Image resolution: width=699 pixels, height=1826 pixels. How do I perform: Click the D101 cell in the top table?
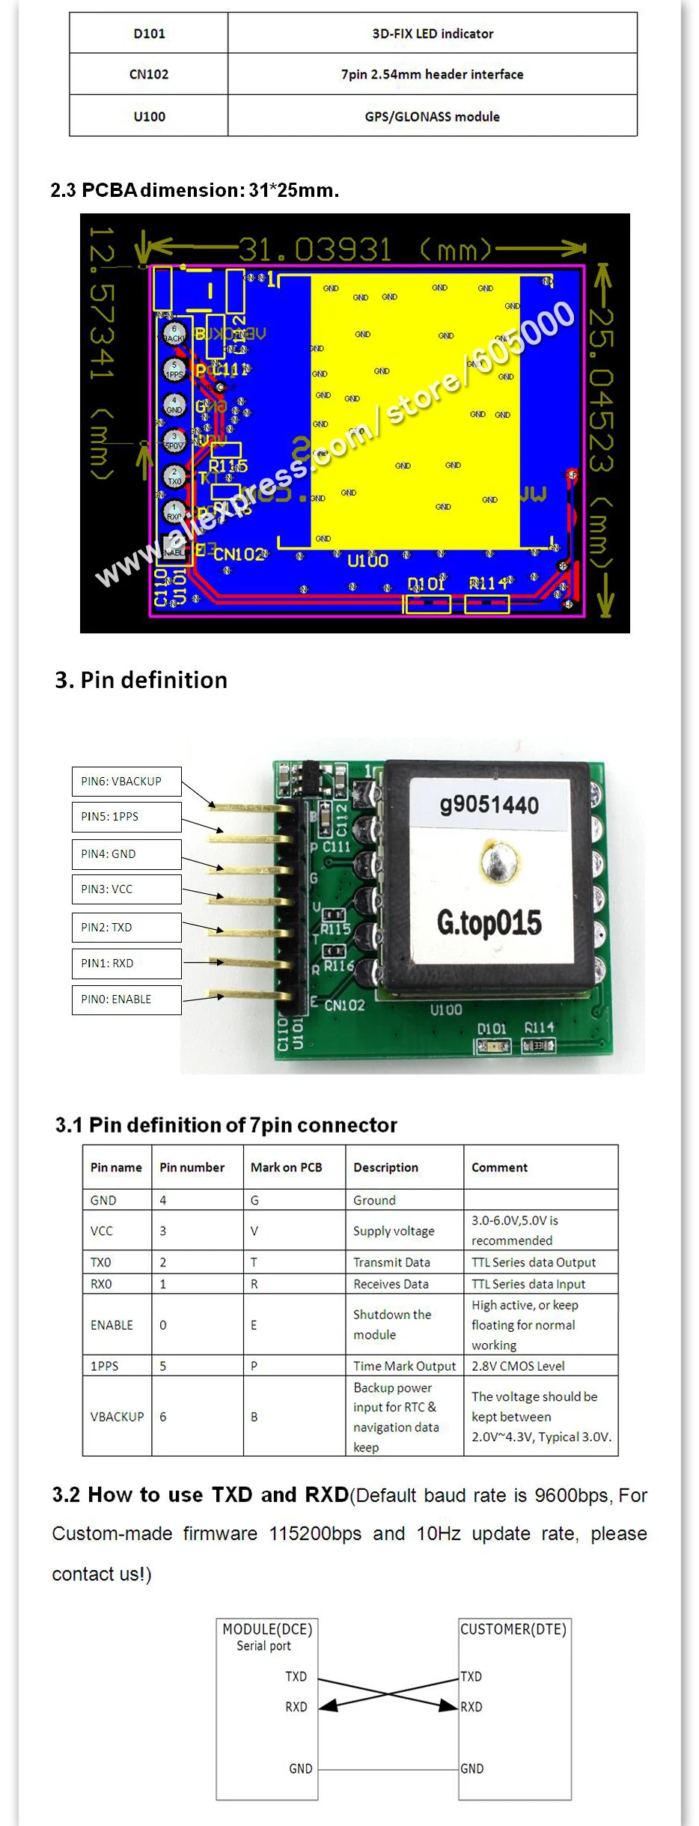click(149, 34)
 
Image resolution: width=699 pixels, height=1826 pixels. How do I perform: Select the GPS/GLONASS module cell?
click(432, 116)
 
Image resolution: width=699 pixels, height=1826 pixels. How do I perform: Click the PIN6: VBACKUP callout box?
click(126, 781)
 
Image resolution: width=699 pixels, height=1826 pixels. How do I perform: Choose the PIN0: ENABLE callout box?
click(126, 999)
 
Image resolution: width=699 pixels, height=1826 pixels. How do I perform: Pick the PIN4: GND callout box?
click(126, 853)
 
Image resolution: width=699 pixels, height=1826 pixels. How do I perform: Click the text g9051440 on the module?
click(489, 805)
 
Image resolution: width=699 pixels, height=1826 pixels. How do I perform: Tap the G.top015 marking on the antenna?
click(489, 922)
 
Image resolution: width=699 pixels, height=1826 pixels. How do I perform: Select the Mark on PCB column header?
click(286, 1167)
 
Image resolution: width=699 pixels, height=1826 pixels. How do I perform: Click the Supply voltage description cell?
click(394, 1231)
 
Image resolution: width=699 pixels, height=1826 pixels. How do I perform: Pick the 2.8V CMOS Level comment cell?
click(518, 1366)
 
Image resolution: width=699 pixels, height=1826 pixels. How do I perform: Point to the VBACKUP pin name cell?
click(117, 1416)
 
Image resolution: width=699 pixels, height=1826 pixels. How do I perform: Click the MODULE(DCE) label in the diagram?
click(267, 1629)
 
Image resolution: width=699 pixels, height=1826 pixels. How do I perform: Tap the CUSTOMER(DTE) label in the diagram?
click(513, 1629)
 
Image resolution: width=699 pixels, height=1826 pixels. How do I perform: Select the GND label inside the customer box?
click(472, 1768)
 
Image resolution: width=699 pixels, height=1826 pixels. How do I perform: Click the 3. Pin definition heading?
click(141, 680)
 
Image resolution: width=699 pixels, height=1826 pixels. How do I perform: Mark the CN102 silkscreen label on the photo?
click(344, 1005)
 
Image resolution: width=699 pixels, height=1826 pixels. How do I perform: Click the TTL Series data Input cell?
click(528, 1284)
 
